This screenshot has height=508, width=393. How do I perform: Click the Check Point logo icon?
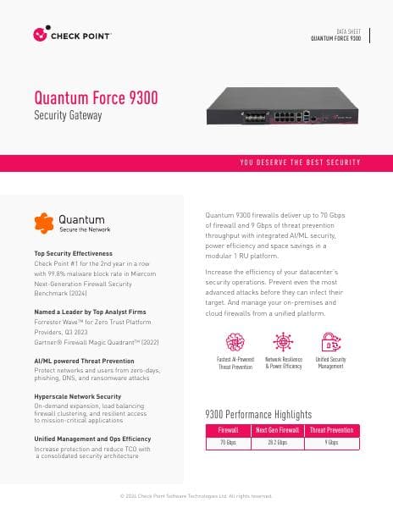(39, 35)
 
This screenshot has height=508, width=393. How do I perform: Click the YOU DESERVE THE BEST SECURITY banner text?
(300, 162)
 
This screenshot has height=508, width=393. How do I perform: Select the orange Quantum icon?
(44, 223)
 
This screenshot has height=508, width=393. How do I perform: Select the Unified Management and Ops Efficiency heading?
(92, 439)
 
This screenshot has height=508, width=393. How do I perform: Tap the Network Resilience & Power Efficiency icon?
(283, 341)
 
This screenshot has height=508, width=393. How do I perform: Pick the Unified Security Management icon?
(329, 341)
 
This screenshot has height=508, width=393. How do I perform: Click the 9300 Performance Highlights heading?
(258, 414)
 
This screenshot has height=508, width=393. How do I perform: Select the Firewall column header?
(228, 430)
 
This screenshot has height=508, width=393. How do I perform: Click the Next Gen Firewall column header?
(280, 430)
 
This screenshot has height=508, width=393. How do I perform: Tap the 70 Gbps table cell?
(228, 442)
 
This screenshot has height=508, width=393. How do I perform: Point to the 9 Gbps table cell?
(332, 442)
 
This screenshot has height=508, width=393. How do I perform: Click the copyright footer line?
(196, 495)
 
